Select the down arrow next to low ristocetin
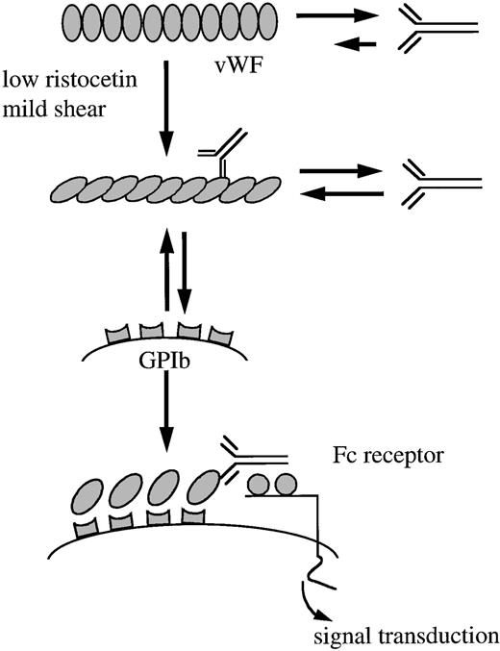click(166, 105)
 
